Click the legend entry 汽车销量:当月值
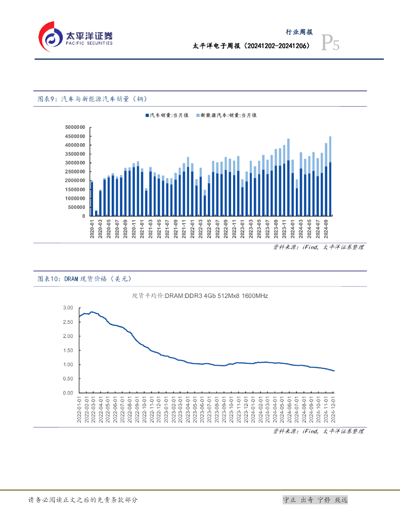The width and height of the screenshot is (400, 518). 167,115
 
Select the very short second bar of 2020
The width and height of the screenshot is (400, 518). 96,213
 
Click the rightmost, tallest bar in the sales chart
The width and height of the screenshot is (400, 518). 330,176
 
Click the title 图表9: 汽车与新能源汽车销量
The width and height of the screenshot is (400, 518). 93,99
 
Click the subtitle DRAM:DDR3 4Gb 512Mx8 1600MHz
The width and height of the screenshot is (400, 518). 200,296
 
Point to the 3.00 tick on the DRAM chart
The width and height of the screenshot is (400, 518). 68,308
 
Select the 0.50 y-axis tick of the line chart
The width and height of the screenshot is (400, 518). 68,378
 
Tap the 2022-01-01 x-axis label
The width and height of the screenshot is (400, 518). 79,410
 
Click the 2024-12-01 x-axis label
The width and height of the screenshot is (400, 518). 334,410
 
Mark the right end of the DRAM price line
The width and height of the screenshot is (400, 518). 334,371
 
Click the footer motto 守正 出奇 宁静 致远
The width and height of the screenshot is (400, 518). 315,500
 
